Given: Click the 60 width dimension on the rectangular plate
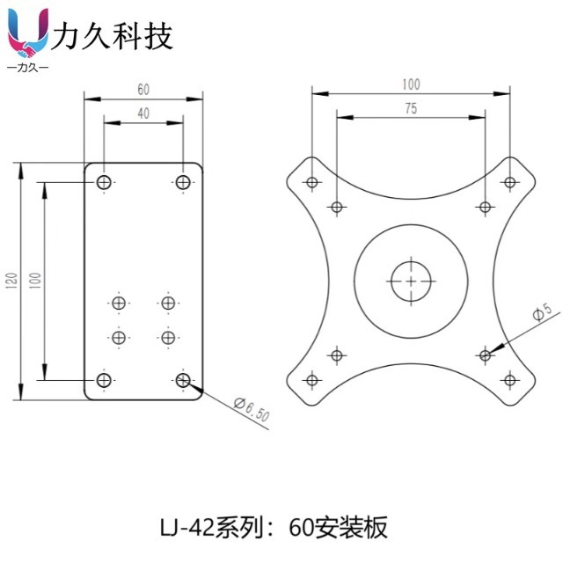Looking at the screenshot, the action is coord(143,89).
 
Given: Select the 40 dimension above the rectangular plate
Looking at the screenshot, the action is coord(143,113).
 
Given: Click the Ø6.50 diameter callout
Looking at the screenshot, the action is coord(252,410).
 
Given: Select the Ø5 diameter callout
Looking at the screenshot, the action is coord(542,311).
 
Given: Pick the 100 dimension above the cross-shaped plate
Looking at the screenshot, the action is coord(411,84).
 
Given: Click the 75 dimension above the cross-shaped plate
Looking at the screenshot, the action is coord(411,109).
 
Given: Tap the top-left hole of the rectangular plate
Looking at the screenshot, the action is coord(104,182).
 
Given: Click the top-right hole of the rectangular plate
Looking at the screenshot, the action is coord(183,182).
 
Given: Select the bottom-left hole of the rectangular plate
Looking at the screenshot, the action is coord(104,380).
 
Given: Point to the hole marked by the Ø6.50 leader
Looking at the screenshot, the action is coord(183,380).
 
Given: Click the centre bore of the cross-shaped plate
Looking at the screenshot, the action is coord(411,281).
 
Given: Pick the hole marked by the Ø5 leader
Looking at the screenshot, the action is coord(485,355).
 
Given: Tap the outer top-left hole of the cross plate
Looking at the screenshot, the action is coord(311,183).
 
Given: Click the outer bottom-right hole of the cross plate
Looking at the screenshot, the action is coord(509,380).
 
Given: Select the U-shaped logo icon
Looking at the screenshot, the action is coord(27,33).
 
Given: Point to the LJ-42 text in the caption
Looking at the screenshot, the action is coord(186,529).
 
